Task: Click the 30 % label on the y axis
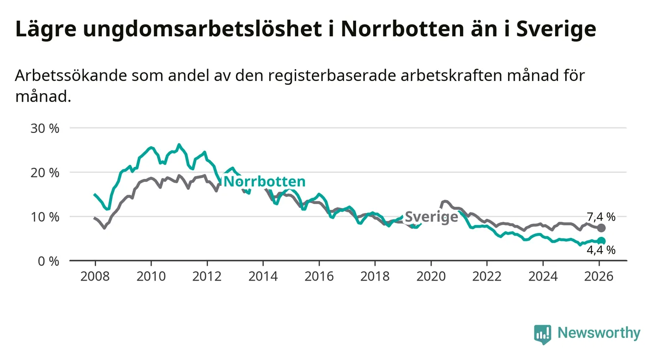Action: (45, 129)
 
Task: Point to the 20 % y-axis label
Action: (45, 173)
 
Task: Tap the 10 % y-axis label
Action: (45, 217)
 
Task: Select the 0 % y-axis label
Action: (48, 261)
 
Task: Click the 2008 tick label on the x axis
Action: (95, 276)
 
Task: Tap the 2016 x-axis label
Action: (319, 276)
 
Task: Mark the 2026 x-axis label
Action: (599, 276)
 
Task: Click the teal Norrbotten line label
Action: (264, 182)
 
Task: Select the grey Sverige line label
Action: (431, 217)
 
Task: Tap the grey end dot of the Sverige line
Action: (602, 228)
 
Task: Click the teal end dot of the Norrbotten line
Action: (602, 241)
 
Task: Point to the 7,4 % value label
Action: (601, 216)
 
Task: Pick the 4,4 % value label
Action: (601, 251)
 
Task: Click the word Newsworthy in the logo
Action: (599, 334)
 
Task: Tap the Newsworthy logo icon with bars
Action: (542, 334)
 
